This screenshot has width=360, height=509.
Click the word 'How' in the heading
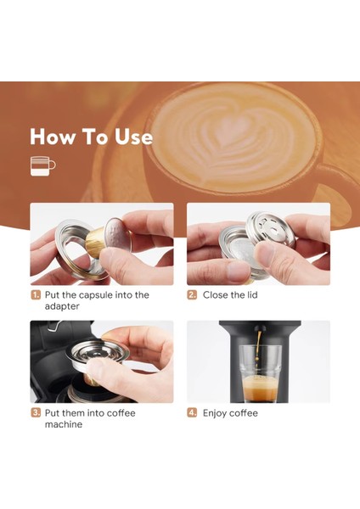tap(52, 137)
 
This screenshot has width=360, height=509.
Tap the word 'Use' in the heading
tap(132, 137)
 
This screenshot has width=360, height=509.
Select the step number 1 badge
tap(36, 295)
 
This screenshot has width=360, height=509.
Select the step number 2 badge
tap(192, 295)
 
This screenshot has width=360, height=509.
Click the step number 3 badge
tap(36, 413)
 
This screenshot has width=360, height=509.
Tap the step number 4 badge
tap(192, 413)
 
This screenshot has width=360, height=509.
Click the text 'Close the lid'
tap(230, 295)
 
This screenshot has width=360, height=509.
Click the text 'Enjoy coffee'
tap(230, 413)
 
